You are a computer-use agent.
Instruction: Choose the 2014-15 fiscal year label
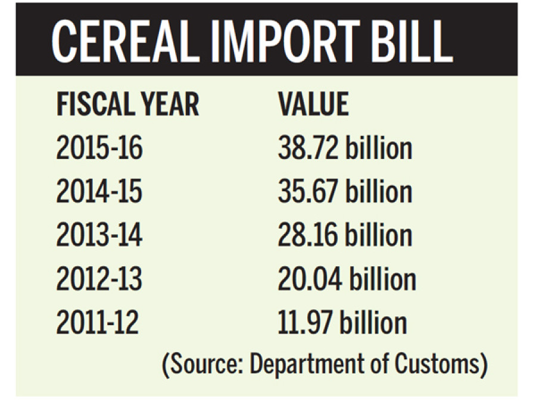coord(99,192)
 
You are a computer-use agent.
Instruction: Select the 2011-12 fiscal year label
coord(98,322)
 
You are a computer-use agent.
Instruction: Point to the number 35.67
coord(307,192)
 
